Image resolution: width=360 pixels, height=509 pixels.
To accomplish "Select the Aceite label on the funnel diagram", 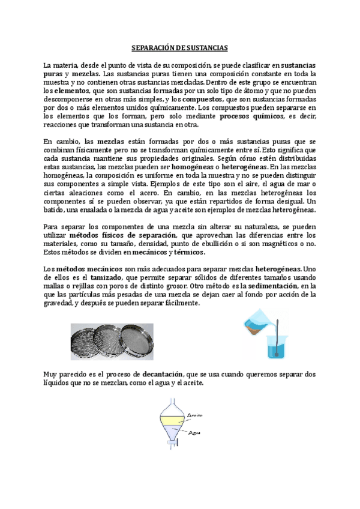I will [197, 415].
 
